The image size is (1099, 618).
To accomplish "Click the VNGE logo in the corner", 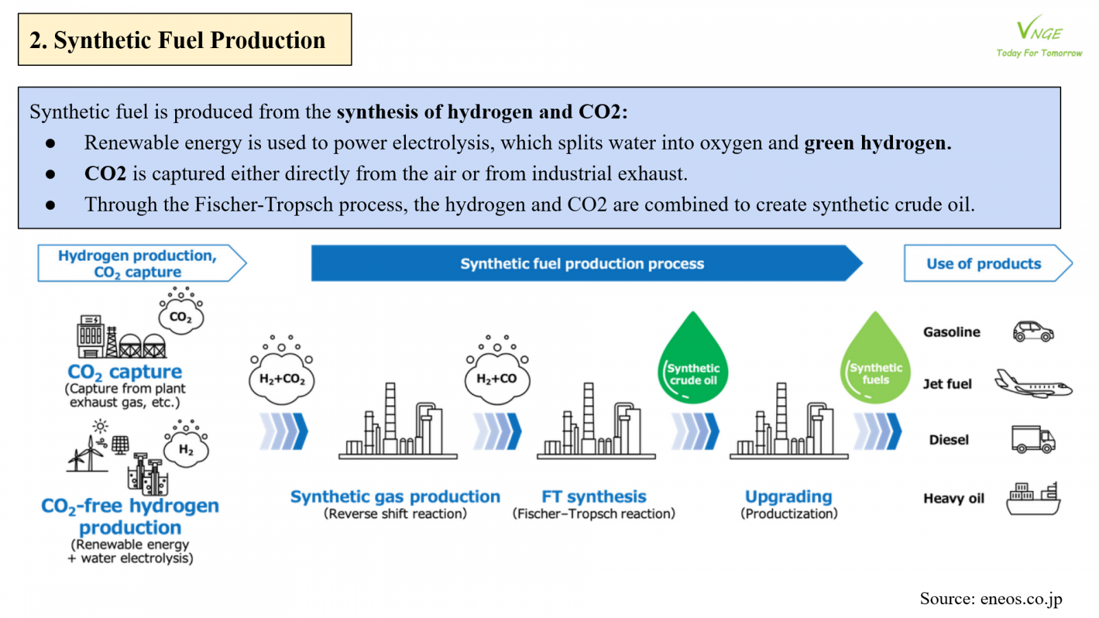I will click(x=1039, y=36).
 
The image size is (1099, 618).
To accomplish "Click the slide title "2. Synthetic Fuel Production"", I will click(x=177, y=40).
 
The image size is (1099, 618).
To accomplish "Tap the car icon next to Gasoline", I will click(x=1033, y=332).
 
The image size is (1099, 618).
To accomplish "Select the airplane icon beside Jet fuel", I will click(x=1033, y=384).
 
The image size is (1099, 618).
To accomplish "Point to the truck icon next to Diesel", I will click(x=1032, y=439).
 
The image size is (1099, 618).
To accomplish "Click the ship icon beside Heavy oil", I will click(x=1033, y=499).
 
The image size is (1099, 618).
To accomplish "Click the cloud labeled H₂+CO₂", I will click(x=282, y=377).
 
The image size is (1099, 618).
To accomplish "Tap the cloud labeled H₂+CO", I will click(x=497, y=377).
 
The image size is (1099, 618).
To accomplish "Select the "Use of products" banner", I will click(x=984, y=264).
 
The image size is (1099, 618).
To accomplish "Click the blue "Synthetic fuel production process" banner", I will click(x=582, y=264).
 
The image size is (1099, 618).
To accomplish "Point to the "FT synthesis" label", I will click(x=594, y=496).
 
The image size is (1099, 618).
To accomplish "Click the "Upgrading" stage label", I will click(x=789, y=496).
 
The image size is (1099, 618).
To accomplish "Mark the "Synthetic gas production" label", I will click(x=395, y=496).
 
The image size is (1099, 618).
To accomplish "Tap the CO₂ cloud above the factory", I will click(x=181, y=317).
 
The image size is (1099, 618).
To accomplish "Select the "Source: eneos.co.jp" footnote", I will click(x=990, y=599).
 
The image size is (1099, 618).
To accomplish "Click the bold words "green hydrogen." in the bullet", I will click(x=877, y=143).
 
